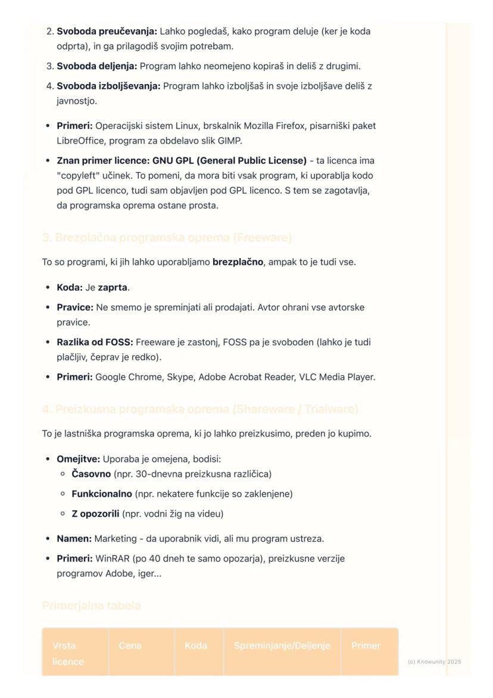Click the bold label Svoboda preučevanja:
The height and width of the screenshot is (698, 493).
[x=107, y=31]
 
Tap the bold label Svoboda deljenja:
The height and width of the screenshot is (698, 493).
[x=96, y=66]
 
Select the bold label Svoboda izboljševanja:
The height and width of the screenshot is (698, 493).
[x=108, y=86]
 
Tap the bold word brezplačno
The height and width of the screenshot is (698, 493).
[x=238, y=262]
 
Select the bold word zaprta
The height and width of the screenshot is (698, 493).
[x=113, y=287]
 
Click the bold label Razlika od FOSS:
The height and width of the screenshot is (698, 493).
[x=95, y=342]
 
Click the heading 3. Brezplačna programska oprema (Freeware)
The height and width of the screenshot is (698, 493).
[x=167, y=238]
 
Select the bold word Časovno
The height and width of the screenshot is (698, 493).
[x=91, y=474]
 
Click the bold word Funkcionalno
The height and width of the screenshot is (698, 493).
[x=102, y=494]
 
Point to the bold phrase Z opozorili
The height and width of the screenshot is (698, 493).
[x=95, y=513]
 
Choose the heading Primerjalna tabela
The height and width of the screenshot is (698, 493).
[x=91, y=606]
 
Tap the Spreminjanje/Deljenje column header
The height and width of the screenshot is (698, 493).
[x=282, y=646]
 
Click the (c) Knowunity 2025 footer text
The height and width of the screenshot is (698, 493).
[x=434, y=662]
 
